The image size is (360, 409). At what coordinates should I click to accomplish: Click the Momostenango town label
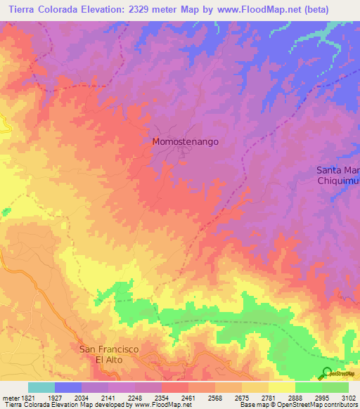coord(186,141)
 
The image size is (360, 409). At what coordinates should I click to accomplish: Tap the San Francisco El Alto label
coord(109,354)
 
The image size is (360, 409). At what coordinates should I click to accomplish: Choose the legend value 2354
coord(161,398)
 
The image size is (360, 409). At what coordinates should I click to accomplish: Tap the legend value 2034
coord(81,398)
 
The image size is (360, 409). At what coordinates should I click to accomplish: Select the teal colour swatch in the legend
coord(41,387)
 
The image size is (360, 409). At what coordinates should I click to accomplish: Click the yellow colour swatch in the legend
coord(282,387)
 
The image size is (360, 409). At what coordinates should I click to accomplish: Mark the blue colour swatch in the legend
coord(68,387)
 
